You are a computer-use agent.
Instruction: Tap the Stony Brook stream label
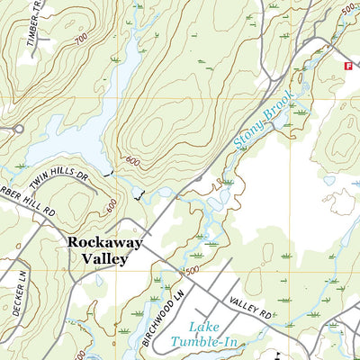tap(264, 123)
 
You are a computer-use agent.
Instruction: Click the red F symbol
tap(345, 66)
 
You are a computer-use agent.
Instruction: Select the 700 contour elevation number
tap(82, 41)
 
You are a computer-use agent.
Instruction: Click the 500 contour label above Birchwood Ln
tap(192, 270)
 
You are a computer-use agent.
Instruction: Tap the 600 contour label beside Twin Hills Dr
tap(112, 204)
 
